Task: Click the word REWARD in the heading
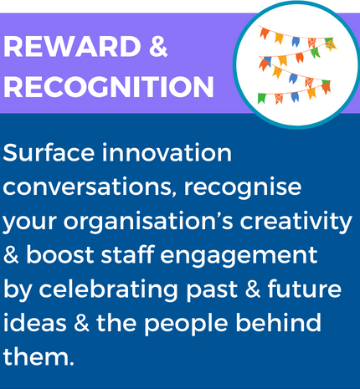point(72,46)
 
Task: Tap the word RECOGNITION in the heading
point(108,86)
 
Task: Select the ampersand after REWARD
point(158,46)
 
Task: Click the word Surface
point(49,152)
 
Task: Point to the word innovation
point(167,152)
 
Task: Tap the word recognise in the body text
point(242,188)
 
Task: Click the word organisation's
point(148,223)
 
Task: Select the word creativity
point(296,223)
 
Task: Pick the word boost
point(60,254)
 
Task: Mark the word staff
point(127,254)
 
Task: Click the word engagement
point(239,256)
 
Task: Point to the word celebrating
point(108,290)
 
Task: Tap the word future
point(305,289)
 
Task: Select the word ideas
point(35,323)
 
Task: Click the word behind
point(278,323)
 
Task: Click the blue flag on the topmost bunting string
point(296,42)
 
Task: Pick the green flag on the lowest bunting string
point(261,99)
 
